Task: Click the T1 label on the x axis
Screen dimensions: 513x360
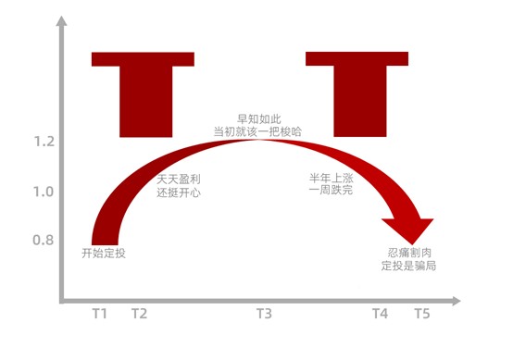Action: pyautogui.click(x=100, y=315)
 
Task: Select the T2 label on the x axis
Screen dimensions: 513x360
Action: pyautogui.click(x=138, y=315)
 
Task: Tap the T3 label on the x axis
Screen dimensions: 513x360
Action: pyautogui.click(x=264, y=315)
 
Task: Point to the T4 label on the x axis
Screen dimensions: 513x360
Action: pyautogui.click(x=380, y=315)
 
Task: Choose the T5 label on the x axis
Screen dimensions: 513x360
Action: pyautogui.click(x=421, y=315)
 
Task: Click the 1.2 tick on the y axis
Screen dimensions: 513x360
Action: pyautogui.click(x=44, y=142)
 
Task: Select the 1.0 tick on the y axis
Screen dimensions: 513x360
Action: pyautogui.click(x=44, y=192)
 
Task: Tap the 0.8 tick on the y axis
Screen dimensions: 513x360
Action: pyautogui.click(x=44, y=241)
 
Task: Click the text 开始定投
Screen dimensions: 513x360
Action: pyautogui.click(x=103, y=253)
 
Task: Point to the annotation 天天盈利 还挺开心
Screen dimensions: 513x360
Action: pyautogui.click(x=179, y=185)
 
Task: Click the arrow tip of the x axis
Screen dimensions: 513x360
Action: pyautogui.click(x=457, y=301)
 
